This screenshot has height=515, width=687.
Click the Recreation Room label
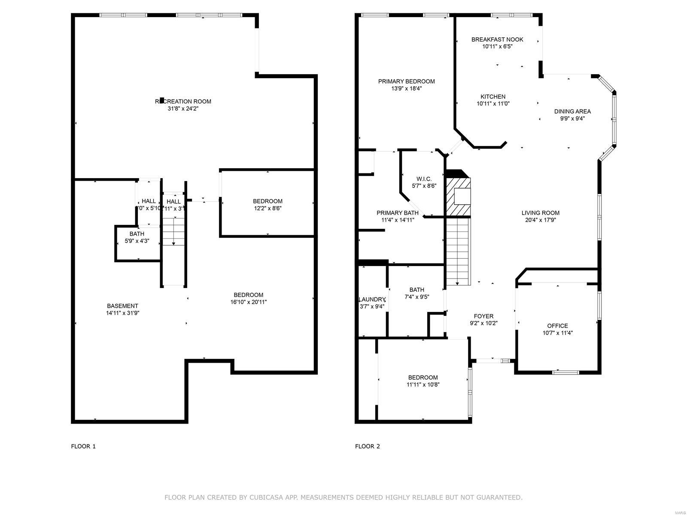183,101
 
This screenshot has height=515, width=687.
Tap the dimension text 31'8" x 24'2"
183,109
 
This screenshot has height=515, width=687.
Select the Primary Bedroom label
406,81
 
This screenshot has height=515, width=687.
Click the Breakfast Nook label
497,39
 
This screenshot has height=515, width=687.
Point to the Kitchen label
493,97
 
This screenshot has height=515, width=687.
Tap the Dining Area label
572,112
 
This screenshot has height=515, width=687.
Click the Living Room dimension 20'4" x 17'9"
540,220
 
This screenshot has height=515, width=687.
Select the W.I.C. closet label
424,179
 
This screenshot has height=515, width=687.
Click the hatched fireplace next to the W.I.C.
458,196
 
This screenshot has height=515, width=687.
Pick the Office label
557,326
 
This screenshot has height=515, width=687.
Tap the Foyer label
483,316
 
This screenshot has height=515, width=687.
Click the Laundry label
372,299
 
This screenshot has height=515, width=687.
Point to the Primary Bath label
398,213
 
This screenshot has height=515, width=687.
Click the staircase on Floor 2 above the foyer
458,251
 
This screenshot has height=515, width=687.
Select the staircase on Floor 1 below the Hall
173,232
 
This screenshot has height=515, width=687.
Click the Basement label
122,306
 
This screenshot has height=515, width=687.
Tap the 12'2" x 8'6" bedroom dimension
268,208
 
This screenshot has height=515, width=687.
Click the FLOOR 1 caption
83,446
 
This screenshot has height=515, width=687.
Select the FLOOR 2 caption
367,446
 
